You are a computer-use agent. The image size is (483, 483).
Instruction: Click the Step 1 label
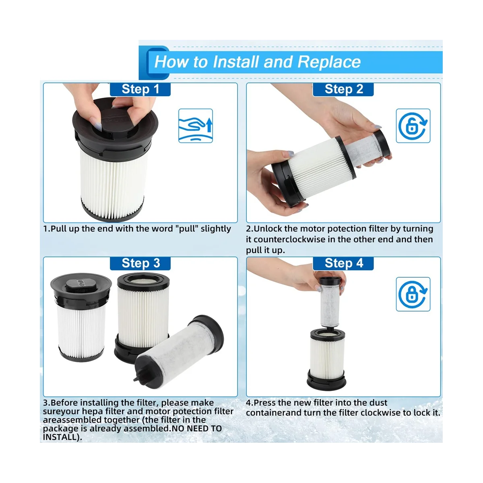[140, 89]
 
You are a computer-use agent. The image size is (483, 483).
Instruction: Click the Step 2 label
[343, 89]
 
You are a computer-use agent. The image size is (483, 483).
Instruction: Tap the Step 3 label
[140, 263]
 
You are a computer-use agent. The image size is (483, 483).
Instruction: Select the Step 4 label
[343, 263]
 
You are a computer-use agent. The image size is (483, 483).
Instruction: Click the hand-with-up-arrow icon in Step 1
[195, 126]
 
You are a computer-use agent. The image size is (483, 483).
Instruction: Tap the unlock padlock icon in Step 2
[413, 126]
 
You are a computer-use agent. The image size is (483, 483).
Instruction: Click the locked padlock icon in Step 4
[413, 294]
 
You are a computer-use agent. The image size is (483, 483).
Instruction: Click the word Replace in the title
[329, 62]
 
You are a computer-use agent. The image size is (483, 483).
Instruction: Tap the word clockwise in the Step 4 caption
[381, 413]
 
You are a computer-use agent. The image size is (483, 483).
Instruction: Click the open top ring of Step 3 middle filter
[143, 279]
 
